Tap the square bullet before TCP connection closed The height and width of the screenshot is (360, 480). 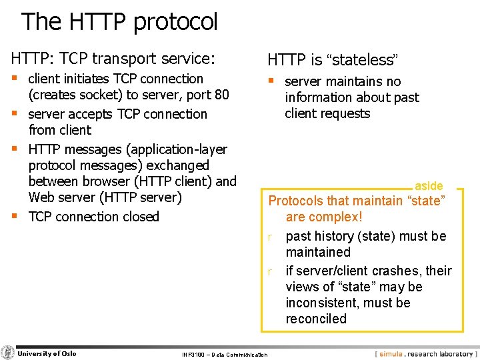pos(15,215)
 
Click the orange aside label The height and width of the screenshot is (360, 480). pos(429,186)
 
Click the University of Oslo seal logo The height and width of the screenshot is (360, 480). pos(8,353)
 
